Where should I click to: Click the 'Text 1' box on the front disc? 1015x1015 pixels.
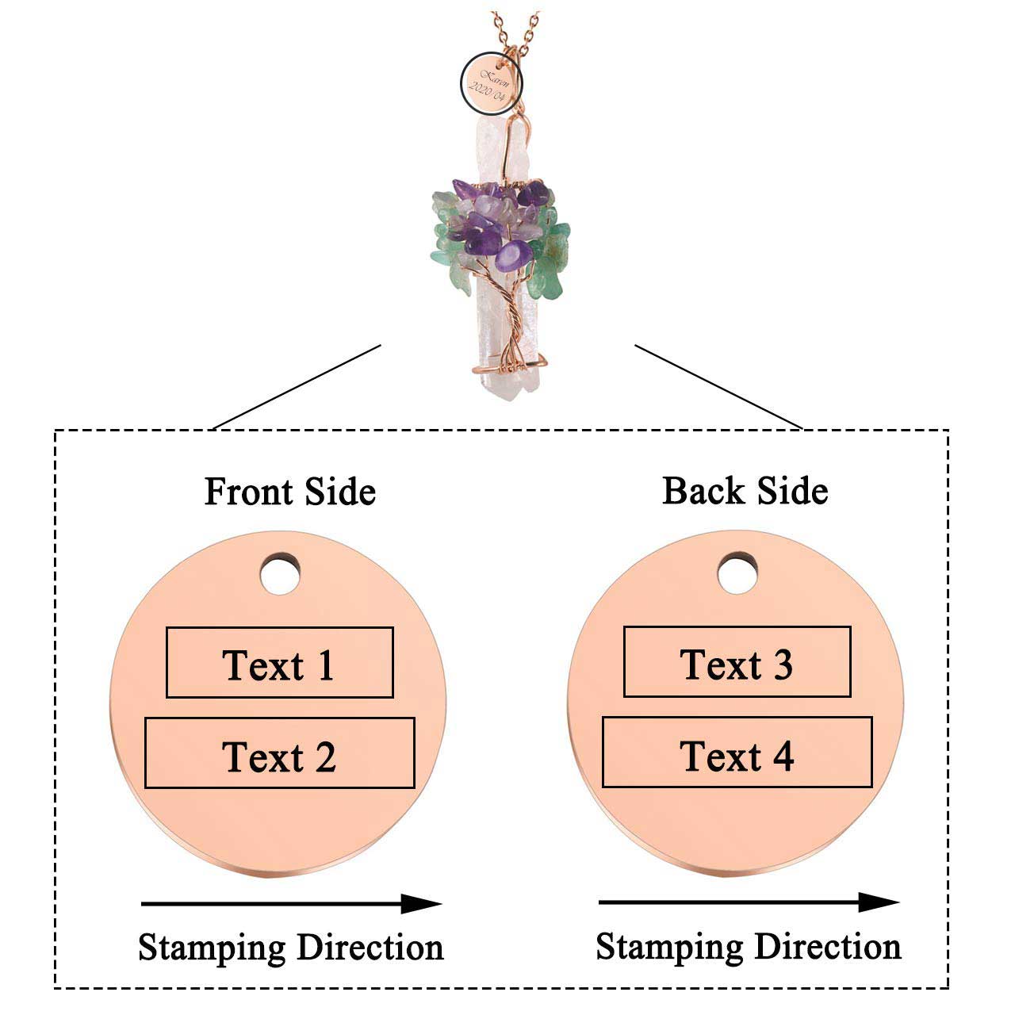(x=279, y=663)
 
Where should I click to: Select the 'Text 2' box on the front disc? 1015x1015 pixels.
(x=279, y=753)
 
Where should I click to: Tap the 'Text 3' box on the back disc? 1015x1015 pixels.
(x=737, y=662)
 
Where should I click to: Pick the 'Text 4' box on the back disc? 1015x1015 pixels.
(x=737, y=753)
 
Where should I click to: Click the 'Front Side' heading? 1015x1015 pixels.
(x=289, y=492)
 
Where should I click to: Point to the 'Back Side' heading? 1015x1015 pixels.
(x=745, y=491)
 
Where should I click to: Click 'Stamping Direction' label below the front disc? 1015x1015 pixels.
(x=290, y=948)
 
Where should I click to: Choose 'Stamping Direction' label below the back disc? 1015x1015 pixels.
(x=748, y=947)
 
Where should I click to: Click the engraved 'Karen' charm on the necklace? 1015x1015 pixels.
(x=492, y=82)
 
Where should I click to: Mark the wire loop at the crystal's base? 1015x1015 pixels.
(x=507, y=366)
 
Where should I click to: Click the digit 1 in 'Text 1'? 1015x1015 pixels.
(x=325, y=665)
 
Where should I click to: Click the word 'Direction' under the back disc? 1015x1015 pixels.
(x=827, y=947)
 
